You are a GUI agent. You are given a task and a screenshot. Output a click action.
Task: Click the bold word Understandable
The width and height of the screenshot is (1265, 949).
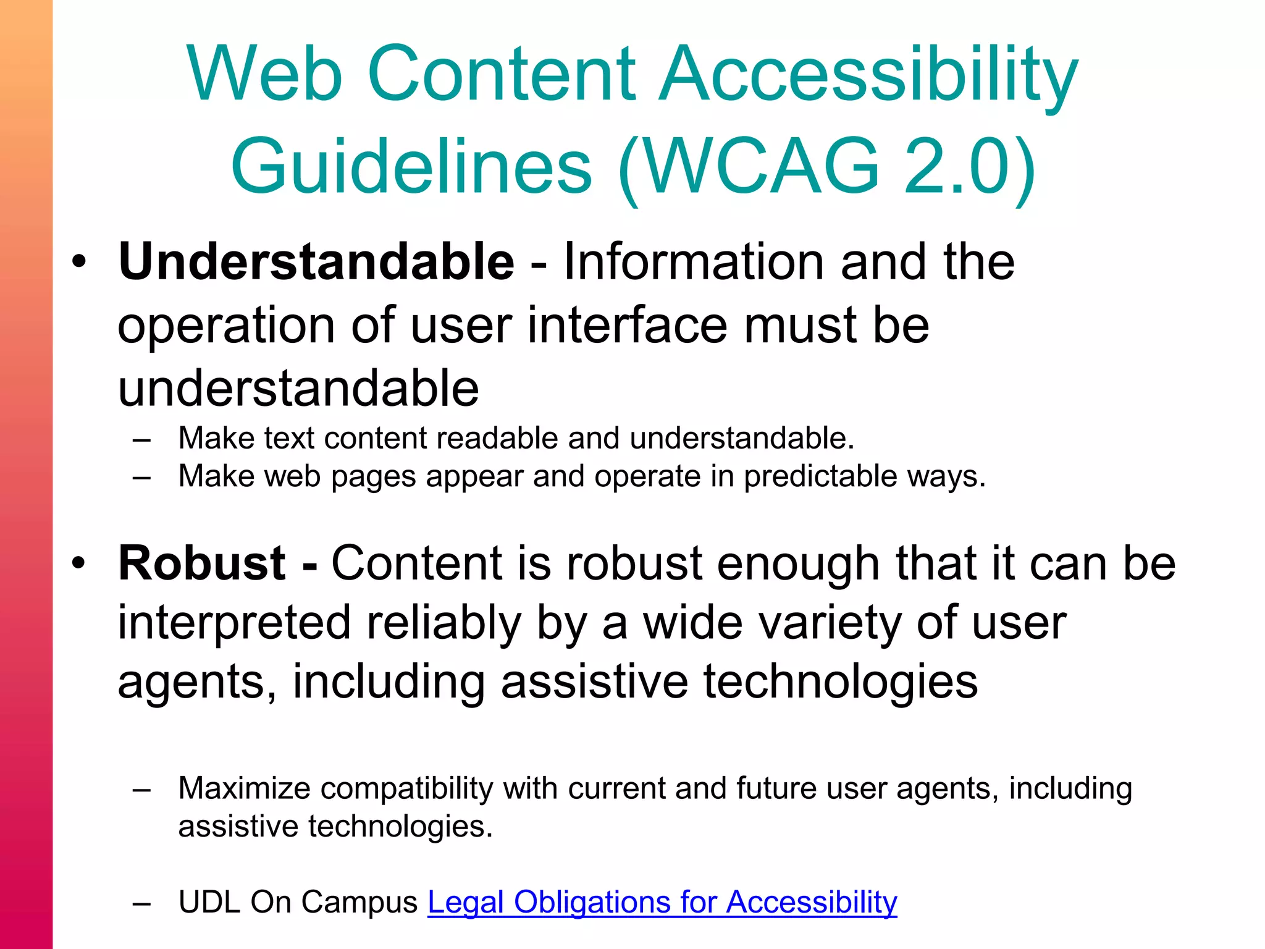click(x=316, y=262)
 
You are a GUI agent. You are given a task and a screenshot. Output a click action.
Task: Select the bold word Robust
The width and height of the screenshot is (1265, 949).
click(x=201, y=563)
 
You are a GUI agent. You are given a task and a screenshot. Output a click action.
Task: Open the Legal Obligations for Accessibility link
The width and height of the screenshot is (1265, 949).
click(x=662, y=902)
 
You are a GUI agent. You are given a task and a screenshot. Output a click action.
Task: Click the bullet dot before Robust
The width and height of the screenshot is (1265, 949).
click(x=78, y=563)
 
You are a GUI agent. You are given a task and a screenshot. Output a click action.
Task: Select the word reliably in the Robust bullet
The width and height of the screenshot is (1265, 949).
click(x=444, y=623)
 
